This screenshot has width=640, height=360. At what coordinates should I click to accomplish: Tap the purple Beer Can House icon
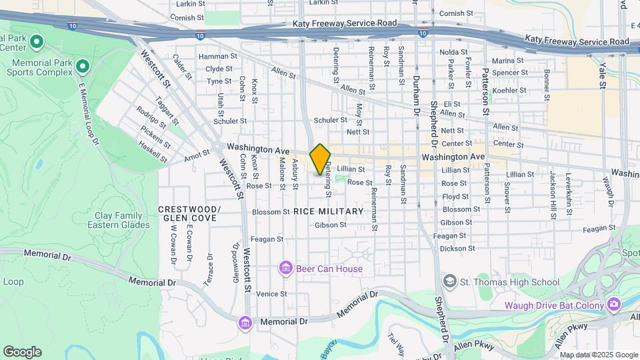[285, 269]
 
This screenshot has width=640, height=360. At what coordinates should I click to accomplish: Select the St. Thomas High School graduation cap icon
[449, 282]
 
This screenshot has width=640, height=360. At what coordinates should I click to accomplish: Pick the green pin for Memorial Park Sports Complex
[83, 66]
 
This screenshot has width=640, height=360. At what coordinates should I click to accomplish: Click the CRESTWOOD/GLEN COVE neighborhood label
[188, 213]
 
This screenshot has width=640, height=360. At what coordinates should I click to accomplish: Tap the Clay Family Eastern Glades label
[115, 220]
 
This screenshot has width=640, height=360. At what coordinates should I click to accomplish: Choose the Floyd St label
[455, 197]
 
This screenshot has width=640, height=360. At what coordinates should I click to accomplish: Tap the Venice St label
[271, 293]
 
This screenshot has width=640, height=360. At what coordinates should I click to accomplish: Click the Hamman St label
[213, 57]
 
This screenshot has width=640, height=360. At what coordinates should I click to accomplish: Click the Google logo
[21, 352]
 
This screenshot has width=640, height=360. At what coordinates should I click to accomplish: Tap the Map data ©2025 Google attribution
[599, 355]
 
